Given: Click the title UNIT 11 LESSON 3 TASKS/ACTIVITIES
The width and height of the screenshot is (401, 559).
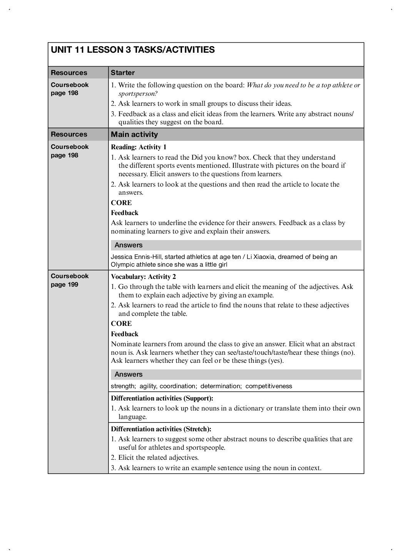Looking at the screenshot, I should coord(133,50).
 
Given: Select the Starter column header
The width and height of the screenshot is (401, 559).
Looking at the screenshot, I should coord(123,73).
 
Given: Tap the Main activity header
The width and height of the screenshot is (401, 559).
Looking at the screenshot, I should coord(134,134).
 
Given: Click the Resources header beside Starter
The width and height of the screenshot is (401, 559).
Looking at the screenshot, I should coord(69,73).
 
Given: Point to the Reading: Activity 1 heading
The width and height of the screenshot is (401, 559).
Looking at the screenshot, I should coord(139,147).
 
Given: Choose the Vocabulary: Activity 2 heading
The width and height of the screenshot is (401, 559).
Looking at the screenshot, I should coord(143,277).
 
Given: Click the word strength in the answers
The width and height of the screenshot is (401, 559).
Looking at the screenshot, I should coord(123,386).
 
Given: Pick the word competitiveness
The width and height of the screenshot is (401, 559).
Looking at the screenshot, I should coord(269,386).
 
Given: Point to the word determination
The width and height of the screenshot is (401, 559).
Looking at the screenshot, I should coord(221,386).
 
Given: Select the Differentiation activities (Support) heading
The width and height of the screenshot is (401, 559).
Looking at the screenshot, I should coord(162,398).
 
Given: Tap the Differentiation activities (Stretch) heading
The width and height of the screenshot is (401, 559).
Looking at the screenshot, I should coord(161,429).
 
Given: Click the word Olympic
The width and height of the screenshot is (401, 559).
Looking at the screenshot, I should coord(122,264).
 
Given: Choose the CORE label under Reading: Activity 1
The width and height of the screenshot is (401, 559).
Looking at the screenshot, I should coord(121,203).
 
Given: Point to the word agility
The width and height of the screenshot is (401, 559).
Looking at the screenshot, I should coord(148,386).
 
